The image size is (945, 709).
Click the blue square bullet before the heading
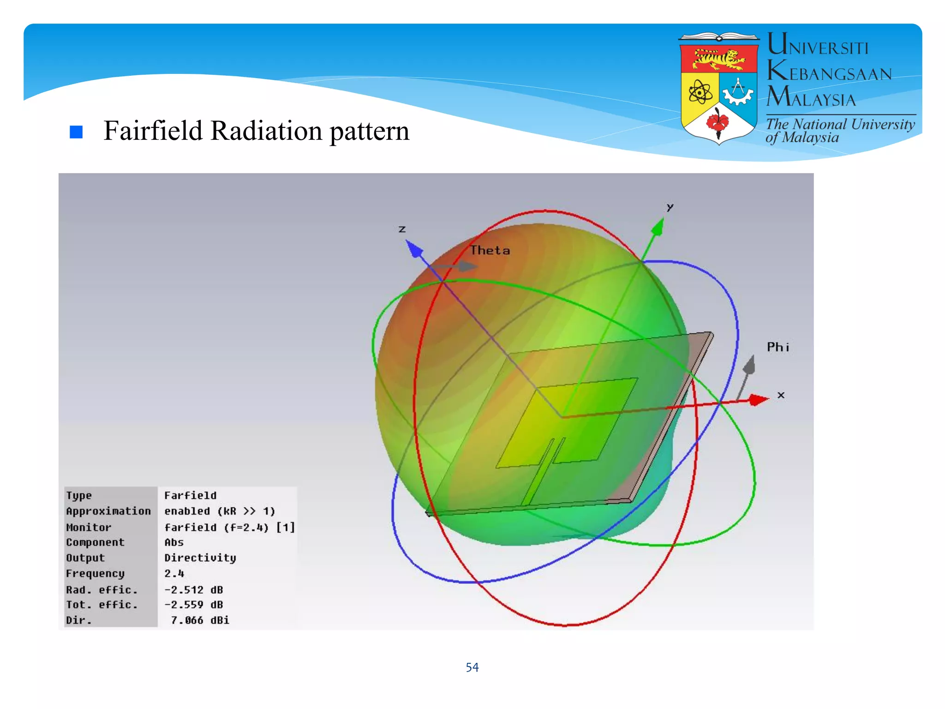click(76, 132)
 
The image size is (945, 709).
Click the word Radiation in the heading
click(266, 131)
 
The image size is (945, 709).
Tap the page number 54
click(472, 667)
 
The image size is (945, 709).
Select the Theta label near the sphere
click(490, 251)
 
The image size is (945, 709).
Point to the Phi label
click(778, 347)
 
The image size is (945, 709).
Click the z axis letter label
click(402, 229)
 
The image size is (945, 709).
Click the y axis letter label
click(670, 207)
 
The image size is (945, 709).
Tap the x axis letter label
click(781, 395)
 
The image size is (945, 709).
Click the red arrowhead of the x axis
click(758, 399)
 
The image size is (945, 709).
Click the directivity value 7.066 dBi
click(200, 620)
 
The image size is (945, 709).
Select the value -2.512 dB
click(193, 589)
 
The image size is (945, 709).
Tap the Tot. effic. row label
click(102, 605)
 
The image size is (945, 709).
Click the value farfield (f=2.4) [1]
click(229, 527)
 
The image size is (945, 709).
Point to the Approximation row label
click(108, 511)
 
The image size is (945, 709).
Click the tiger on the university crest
click(719, 59)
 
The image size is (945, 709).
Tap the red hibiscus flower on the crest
click(718, 122)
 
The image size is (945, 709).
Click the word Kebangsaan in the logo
click(829, 72)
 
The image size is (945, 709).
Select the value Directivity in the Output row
click(200, 558)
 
